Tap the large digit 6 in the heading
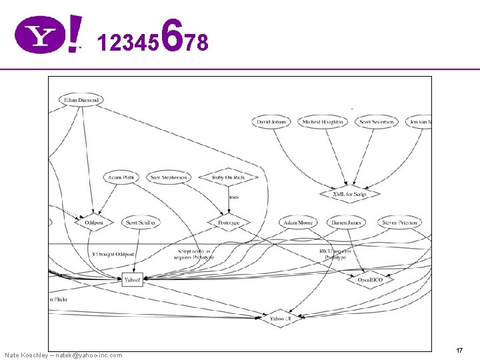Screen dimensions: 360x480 pos(172,37)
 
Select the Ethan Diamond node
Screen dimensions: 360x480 pos(81,100)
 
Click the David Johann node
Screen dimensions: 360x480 pos(272,122)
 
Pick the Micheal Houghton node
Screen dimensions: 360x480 pos(323,122)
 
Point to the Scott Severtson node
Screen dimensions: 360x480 pos(377,122)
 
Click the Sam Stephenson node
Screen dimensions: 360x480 pos(169,177)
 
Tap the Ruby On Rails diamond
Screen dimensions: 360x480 pos(229,177)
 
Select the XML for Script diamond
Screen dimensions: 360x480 pos(349,194)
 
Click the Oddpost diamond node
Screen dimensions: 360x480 pos(94,222)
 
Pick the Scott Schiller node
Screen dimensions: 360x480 pos(141,222)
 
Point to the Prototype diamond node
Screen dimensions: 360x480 pos(229,222)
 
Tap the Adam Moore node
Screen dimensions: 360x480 pos(298,222)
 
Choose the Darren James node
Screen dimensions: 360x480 pos(347,222)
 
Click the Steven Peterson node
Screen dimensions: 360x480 pos(399,222)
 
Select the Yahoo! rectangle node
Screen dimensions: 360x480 pos(133,280)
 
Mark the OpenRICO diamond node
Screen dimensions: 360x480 pos(369,280)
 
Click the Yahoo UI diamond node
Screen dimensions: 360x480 pos(280,319)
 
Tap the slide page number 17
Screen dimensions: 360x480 pos(459,350)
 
